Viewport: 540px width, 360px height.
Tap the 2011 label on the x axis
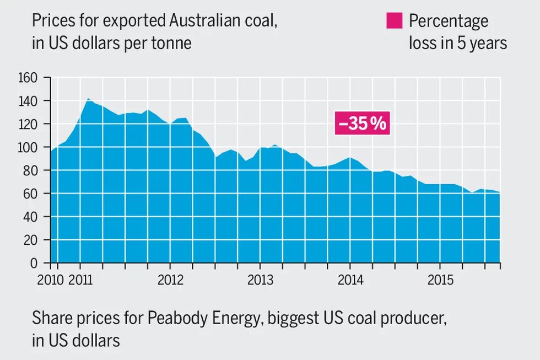[81, 280]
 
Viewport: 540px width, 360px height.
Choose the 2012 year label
[170, 280]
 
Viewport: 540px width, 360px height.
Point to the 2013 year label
[260, 280]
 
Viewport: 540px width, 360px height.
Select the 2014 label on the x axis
[350, 280]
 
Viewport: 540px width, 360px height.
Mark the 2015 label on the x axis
[440, 280]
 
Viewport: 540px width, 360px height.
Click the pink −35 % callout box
[363, 123]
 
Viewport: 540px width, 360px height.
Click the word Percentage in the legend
[449, 21]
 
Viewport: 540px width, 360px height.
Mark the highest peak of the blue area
[88, 99]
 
